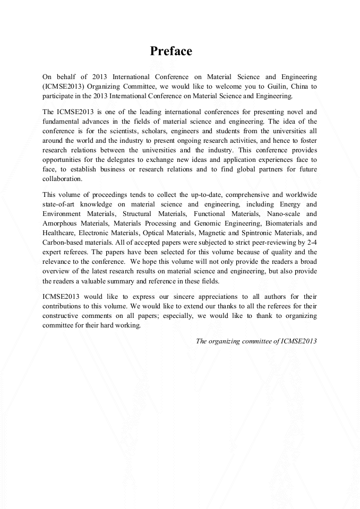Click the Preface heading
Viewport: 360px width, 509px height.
click(170, 51)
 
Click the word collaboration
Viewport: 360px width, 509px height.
click(62, 179)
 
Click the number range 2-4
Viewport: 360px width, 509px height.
click(311, 243)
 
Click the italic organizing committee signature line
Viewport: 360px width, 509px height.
click(256, 341)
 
